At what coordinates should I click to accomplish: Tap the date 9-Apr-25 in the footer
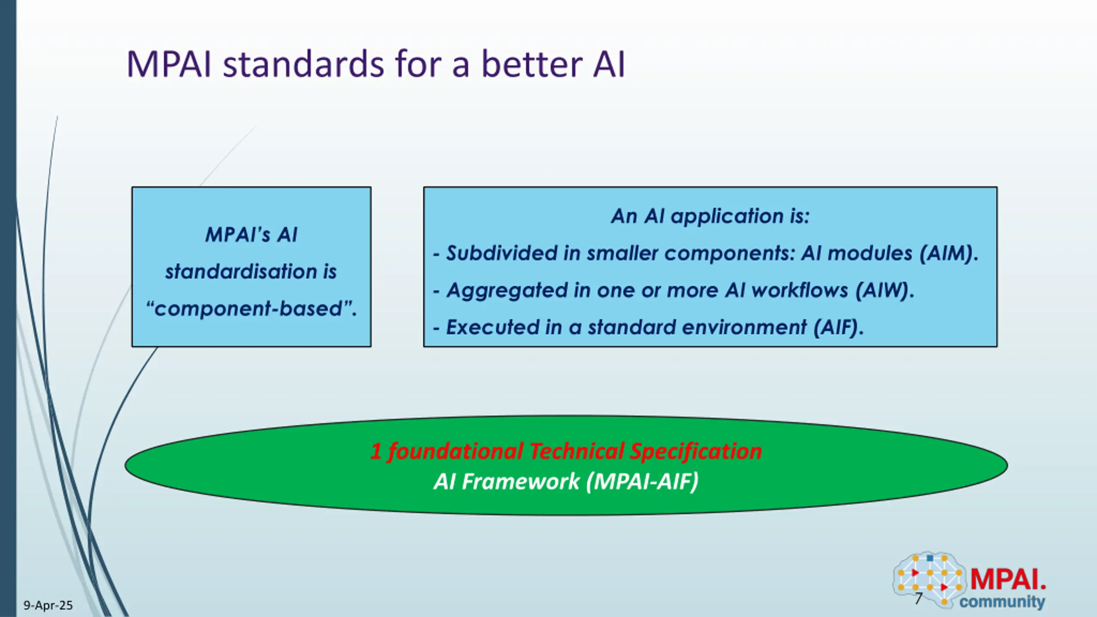point(48,605)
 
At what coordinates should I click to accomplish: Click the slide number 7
point(918,599)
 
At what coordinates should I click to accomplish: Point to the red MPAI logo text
point(1008,579)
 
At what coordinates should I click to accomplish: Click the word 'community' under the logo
point(1002,602)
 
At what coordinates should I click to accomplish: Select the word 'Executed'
point(492,327)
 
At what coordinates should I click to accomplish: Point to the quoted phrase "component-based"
point(251,308)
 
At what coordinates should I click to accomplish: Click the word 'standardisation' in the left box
point(240,272)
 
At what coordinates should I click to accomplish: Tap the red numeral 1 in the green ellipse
point(376,451)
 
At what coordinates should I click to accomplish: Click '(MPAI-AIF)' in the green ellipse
point(642,481)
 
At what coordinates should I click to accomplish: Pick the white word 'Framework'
point(520,481)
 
